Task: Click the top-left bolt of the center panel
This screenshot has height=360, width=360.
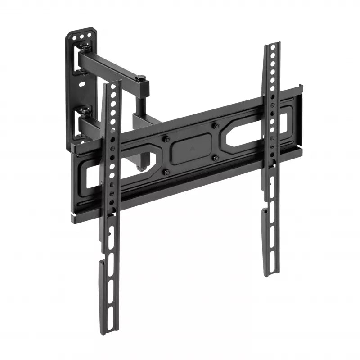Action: pyautogui.click(x=165, y=138)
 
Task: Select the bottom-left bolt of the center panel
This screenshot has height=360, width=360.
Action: pyautogui.click(x=166, y=171)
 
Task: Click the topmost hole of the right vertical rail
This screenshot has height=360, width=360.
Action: pyautogui.click(x=271, y=49)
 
